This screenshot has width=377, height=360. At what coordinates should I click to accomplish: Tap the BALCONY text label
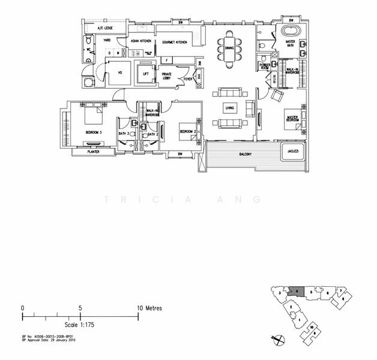point(244,154)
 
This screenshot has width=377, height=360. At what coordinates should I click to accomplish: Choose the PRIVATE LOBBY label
point(167,76)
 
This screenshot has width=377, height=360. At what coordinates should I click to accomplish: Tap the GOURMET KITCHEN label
point(175,43)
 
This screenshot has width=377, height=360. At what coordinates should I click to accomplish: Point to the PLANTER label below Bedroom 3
point(91,152)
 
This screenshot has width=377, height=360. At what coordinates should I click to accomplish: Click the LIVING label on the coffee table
point(229,108)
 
